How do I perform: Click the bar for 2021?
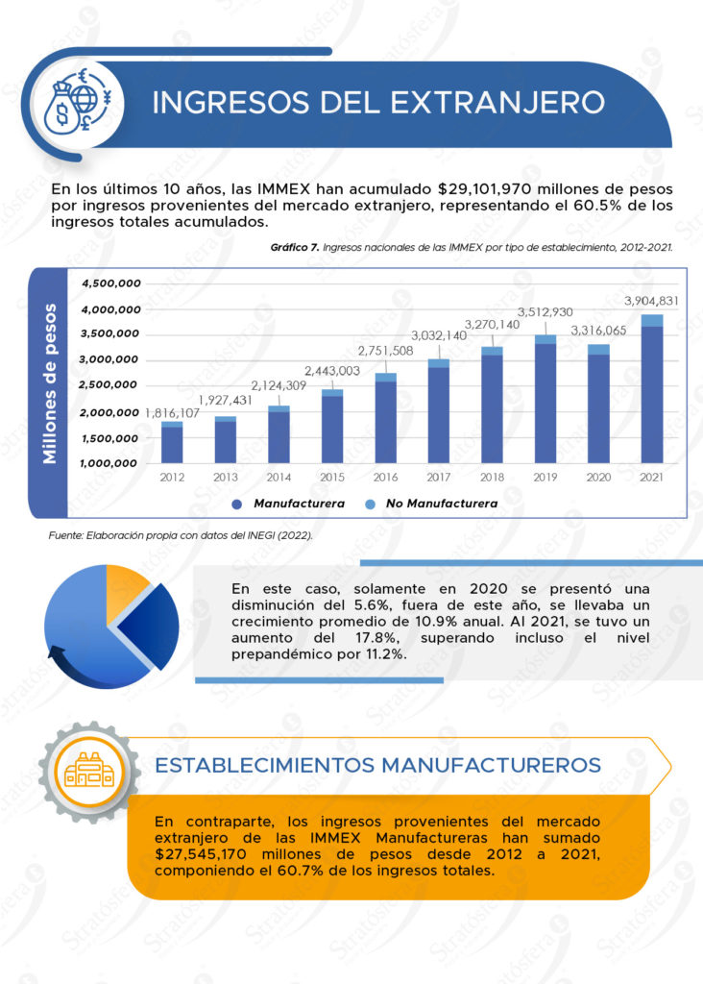click(652, 388)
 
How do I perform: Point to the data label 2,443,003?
click(332, 371)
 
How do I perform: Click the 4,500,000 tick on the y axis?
click(112, 283)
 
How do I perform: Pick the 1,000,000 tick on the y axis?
click(112, 463)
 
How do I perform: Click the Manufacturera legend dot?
click(236, 504)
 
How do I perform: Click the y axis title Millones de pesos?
click(49, 384)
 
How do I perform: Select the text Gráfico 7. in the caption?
click(295, 247)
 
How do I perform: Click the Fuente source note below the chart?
click(181, 535)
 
